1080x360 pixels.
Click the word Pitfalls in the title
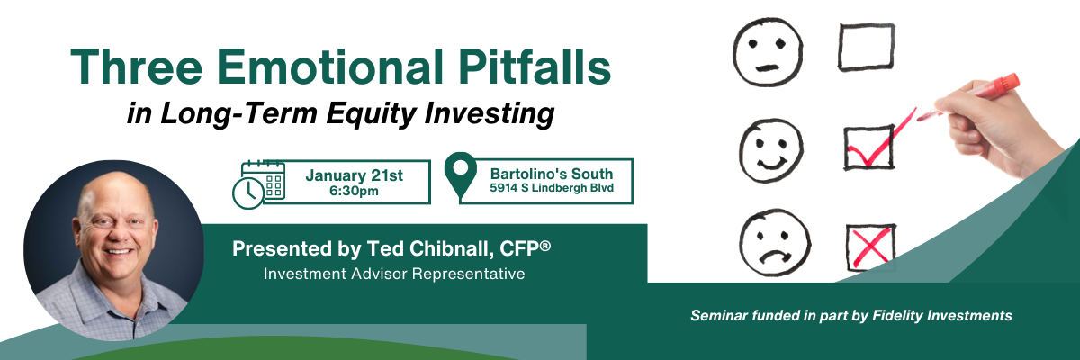(x=535, y=67)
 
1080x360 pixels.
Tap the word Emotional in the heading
(x=329, y=67)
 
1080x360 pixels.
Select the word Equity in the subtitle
(x=371, y=114)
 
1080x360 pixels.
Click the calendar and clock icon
(x=259, y=184)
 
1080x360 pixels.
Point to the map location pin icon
(x=461, y=175)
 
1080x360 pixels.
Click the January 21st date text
(x=354, y=175)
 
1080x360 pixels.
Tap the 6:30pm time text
(x=354, y=192)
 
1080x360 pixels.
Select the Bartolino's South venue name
(x=552, y=174)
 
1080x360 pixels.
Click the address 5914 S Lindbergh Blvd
(x=552, y=188)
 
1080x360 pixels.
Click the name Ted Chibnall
(x=429, y=248)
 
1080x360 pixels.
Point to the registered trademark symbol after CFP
(x=545, y=246)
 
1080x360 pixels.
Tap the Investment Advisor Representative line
(x=394, y=274)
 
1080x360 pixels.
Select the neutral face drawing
(x=768, y=52)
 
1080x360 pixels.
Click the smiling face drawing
(x=771, y=151)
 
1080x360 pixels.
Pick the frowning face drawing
(x=775, y=243)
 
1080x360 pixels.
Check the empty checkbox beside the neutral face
(x=867, y=48)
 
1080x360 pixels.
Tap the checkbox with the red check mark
(x=869, y=148)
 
